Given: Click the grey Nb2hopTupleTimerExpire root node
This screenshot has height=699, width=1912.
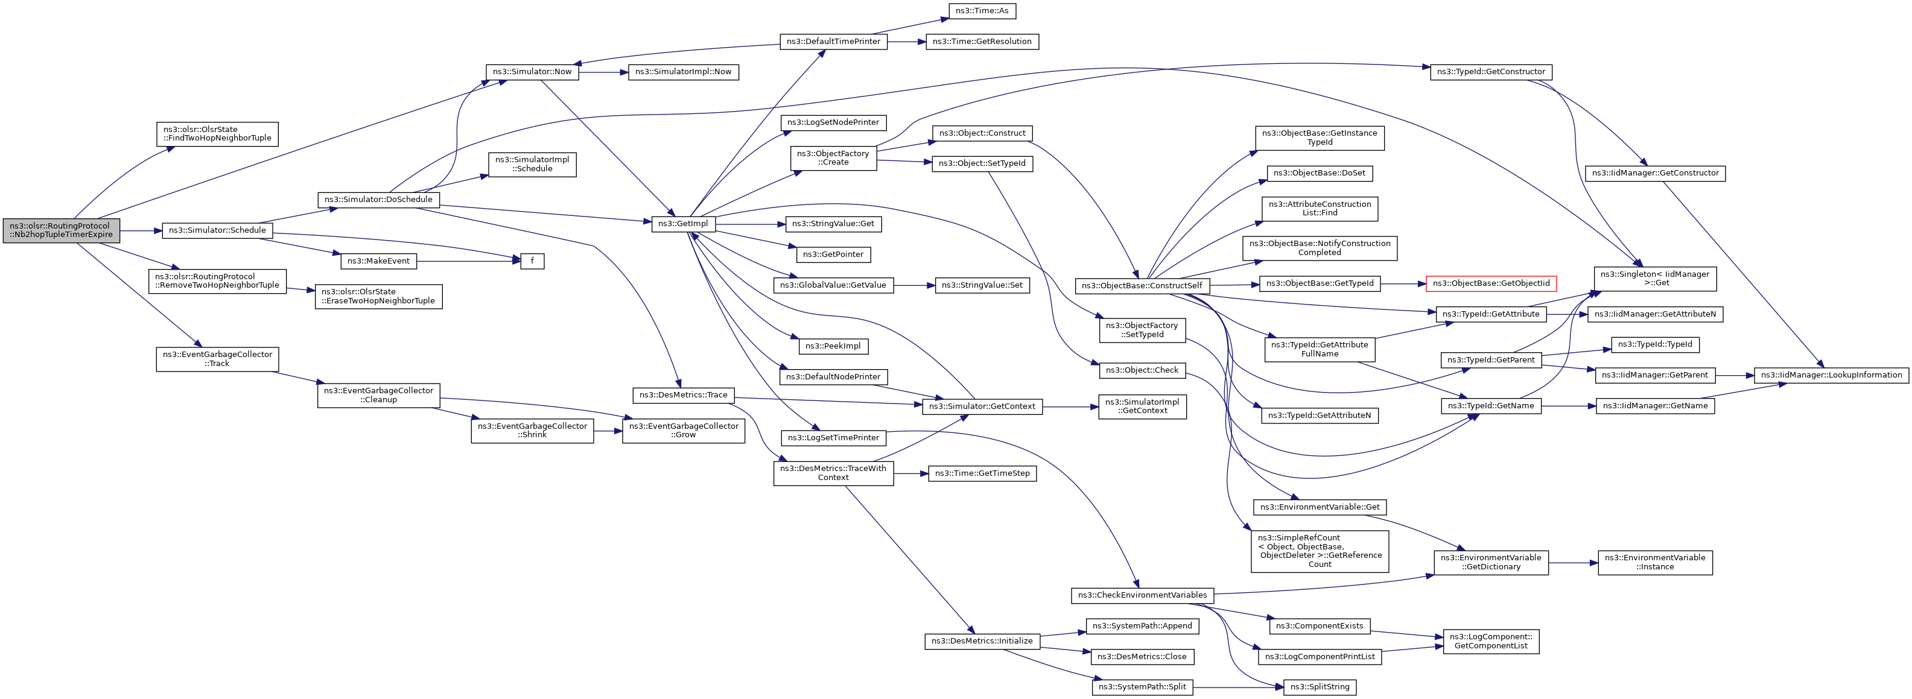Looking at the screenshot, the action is [x=61, y=230].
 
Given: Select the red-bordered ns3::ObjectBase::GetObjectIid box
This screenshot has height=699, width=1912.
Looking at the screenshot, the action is [x=1491, y=283].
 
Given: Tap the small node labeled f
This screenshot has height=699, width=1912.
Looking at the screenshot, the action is [x=532, y=261].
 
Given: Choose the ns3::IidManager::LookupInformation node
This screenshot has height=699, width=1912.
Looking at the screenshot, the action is [x=1831, y=375].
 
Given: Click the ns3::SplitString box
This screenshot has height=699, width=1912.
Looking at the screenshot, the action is [x=1320, y=687].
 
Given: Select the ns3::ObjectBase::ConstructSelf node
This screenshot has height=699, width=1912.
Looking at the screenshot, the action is [x=1142, y=286].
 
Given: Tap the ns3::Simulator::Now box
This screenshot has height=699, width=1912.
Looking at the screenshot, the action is [x=532, y=72].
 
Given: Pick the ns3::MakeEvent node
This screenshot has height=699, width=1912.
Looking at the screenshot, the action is [x=378, y=261].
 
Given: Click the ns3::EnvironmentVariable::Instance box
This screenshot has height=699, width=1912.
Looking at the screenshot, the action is [x=1655, y=563].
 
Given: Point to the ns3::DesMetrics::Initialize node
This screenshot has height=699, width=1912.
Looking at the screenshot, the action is [x=982, y=641].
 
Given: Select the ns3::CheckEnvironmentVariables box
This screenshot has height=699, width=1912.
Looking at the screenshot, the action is [x=1142, y=595].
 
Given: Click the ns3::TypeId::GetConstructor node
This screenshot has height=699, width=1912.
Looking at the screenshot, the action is [x=1491, y=72].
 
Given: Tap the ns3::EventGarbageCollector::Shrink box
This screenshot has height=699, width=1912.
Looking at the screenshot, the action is [x=532, y=431].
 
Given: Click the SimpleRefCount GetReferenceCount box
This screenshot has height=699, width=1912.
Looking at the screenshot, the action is [x=1320, y=551].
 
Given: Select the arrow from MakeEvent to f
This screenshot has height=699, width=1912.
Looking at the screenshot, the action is [x=468, y=261].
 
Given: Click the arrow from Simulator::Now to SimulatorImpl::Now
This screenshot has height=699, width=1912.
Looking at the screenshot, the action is [x=603, y=72].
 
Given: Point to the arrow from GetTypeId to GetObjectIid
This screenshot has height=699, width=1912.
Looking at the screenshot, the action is [x=1403, y=283].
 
